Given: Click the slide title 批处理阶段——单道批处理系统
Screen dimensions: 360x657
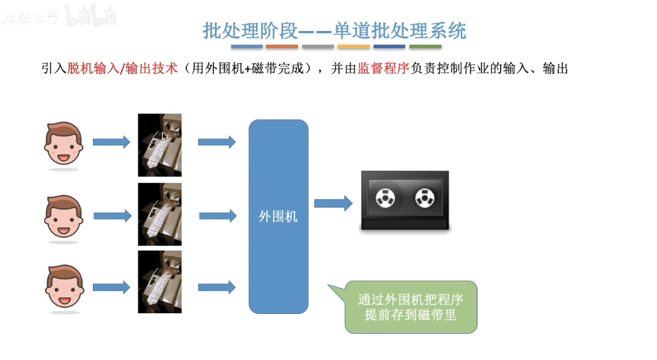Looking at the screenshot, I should tap(334, 30).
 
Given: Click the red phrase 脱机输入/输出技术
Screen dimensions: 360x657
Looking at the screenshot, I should tap(122, 69).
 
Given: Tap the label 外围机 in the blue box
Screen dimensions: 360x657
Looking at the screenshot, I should tap(278, 216).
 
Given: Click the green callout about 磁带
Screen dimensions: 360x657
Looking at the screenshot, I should tap(410, 308).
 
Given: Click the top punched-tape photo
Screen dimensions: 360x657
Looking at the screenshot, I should tap(160, 145).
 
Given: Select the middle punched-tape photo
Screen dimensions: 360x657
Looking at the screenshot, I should tap(160, 214).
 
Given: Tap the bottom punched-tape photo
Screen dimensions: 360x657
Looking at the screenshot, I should tap(160, 282).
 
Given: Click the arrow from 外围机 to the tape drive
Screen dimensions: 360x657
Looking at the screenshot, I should tap(334, 202).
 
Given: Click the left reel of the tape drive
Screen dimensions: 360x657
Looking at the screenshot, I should tap(383, 200).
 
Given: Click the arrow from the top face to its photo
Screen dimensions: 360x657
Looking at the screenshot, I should tap(111, 142).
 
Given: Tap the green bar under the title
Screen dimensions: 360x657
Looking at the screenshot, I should tap(425, 47).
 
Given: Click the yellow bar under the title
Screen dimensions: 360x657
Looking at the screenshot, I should tap(354, 47).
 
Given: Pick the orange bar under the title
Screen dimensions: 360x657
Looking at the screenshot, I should tap(282, 47).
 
